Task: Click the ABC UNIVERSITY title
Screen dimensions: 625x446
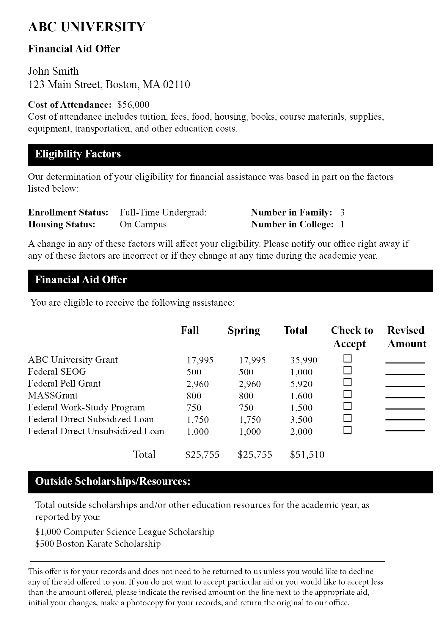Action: point(87,27)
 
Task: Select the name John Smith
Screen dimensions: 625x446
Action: point(54,71)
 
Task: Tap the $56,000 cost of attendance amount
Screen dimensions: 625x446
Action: point(133,104)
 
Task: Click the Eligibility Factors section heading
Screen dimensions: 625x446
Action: point(78,154)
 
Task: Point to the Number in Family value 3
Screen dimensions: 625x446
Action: point(342,212)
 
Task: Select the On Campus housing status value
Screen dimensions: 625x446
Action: point(143,224)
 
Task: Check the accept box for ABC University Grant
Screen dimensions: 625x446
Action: point(347,359)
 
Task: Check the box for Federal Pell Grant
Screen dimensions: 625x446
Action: point(347,382)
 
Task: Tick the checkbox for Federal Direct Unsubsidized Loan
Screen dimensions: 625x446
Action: point(347,430)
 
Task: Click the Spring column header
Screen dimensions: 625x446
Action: point(244,331)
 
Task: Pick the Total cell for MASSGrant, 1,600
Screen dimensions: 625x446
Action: point(301,396)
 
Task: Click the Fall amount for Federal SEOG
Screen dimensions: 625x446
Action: point(194,372)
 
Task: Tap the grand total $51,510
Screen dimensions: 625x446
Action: point(307,454)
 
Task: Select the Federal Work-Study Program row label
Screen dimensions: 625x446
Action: point(87,407)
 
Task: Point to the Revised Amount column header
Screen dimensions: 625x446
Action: point(406,337)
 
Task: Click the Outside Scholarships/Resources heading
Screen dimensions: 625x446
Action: point(113,482)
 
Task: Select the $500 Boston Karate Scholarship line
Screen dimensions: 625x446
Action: point(98,544)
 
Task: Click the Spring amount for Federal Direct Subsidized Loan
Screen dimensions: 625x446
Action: point(250,420)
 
